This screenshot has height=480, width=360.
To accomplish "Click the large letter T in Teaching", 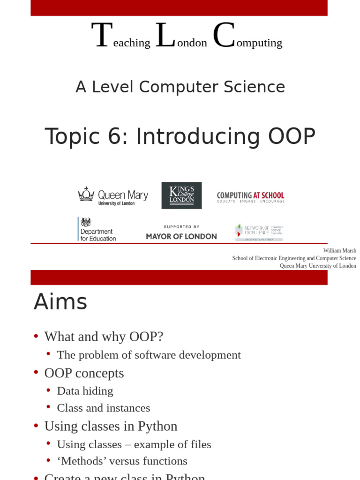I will pos(102,36).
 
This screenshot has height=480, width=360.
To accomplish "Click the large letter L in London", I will pos(165,36).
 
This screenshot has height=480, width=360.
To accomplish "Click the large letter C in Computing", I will pos(224,36).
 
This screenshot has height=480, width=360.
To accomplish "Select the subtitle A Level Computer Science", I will pos(180,87).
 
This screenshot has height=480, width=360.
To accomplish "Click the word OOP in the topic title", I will pos(292,137).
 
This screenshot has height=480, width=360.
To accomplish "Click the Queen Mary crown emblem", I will pos(86,194).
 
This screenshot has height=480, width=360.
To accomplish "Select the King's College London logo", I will pos(181,195).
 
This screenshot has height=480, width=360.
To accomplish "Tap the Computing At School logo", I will pos(250,197).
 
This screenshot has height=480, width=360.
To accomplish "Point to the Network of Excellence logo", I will pos(259,232).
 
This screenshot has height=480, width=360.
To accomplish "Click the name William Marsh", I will pos(339,251).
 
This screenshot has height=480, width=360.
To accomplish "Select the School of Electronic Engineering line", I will pos(294,258).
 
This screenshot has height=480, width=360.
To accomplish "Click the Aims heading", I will pos(60,302).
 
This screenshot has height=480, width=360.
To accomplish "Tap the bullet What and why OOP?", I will pos(104,337).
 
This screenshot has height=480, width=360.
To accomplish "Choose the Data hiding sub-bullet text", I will pos(85,391).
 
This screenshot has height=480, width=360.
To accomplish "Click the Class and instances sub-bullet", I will pos(104,408).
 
